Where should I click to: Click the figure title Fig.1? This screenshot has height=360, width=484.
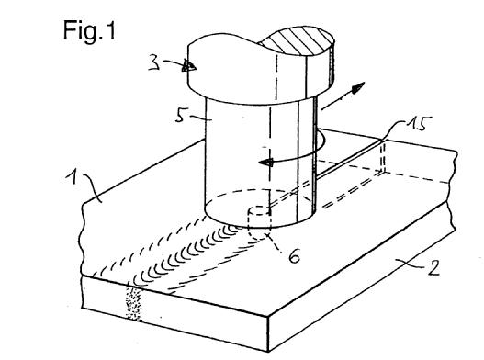(89, 30)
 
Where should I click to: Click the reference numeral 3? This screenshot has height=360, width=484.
(154, 63)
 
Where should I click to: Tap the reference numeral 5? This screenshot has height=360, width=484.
(181, 116)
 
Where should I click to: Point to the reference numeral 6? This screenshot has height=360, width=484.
(294, 256)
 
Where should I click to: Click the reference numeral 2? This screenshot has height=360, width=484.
(433, 267)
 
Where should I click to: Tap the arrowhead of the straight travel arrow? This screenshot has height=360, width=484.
(358, 87)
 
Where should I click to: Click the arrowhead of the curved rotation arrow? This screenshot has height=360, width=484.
(266, 162)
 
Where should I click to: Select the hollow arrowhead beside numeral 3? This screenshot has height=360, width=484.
(188, 65)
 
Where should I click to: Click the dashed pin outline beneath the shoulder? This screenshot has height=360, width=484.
(260, 223)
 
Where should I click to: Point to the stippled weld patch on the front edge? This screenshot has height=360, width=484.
(134, 303)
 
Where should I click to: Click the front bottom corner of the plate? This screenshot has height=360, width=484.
(268, 352)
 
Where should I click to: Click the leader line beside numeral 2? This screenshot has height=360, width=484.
(411, 264)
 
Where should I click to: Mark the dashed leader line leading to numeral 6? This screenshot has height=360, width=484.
(276, 244)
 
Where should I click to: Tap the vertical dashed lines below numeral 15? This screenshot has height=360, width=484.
(383, 157)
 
